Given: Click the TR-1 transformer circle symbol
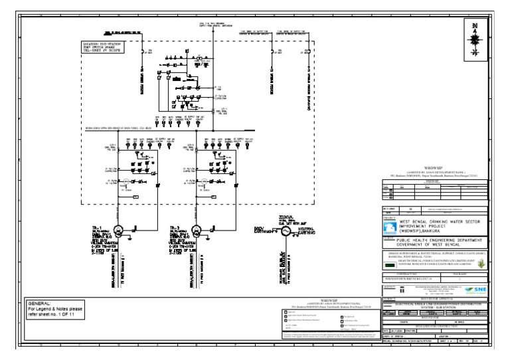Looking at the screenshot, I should coord(119,230).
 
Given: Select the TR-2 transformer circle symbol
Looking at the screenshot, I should coord(196,230).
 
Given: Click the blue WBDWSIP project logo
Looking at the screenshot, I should coord(392,226).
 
